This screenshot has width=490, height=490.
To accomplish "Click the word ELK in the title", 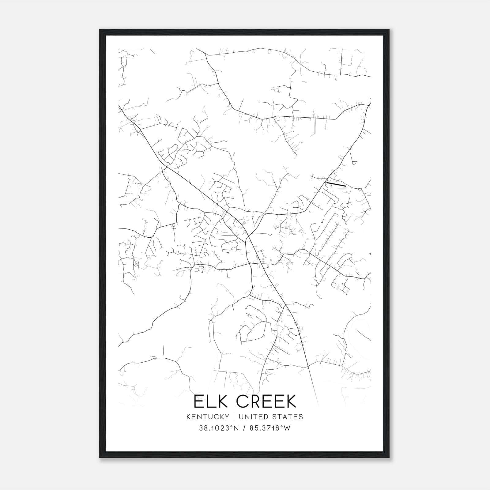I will pyautogui.click(x=210, y=401).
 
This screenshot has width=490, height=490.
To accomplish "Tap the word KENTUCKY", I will pyautogui.click(x=207, y=417).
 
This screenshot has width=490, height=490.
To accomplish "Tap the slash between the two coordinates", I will pyautogui.click(x=244, y=428).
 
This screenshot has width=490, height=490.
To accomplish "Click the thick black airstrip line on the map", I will pyautogui.click(x=336, y=184).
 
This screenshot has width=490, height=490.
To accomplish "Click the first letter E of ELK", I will pyautogui.click(x=198, y=401).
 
